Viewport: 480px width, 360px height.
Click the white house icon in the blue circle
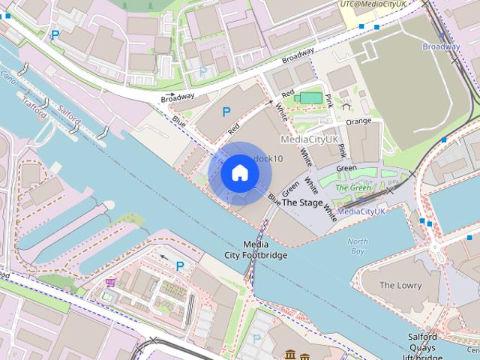(240, 173)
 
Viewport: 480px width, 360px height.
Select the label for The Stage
(302, 203)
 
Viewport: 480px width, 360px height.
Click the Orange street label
(358, 121)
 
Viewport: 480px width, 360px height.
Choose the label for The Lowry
(400, 285)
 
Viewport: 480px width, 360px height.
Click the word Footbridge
(256, 255)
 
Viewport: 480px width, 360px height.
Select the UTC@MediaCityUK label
(373, 4)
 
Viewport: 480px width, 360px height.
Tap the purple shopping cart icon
(111, 283)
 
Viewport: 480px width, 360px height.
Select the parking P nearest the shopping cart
(180, 266)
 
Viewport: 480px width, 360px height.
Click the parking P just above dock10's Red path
(226, 112)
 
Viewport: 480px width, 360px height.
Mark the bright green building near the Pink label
(307, 97)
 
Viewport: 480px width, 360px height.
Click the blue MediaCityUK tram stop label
(361, 211)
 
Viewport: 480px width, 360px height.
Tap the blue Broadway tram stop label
(440, 46)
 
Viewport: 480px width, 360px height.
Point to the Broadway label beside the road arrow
(177, 96)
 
